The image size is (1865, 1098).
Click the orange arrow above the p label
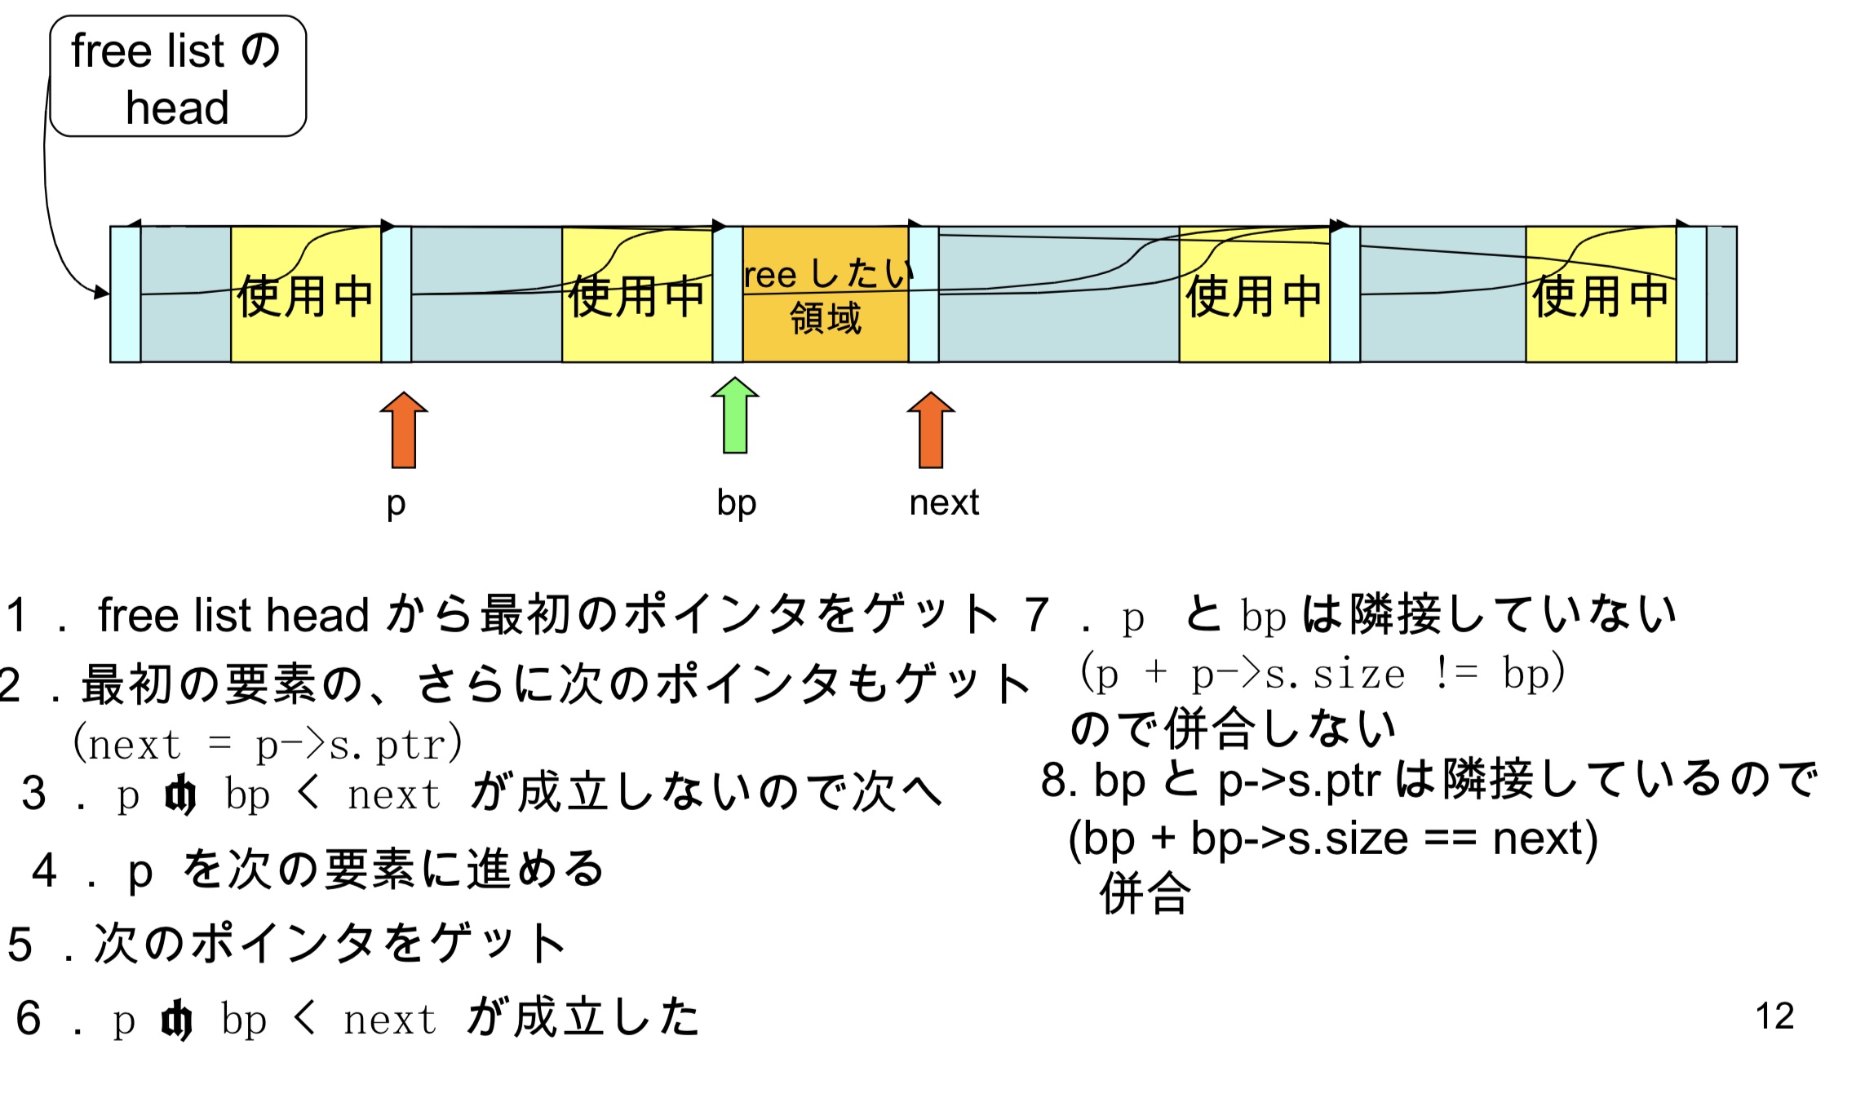pyautogui.click(x=404, y=430)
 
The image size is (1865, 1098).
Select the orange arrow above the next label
pyautogui.click(x=931, y=430)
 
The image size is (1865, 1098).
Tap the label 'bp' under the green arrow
pyautogui.click(x=737, y=503)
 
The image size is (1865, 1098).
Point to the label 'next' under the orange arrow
pyautogui.click(x=944, y=503)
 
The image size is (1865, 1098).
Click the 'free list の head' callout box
pyautogui.click(x=178, y=77)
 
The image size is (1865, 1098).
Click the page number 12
pyautogui.click(x=1774, y=1016)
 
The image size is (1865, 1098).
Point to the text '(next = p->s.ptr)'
pyautogui.click(x=268, y=744)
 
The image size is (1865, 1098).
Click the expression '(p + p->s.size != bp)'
pyautogui.click(x=1322, y=674)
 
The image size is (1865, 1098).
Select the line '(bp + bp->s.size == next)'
pyautogui.click(x=1333, y=839)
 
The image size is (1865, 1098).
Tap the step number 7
pyautogui.click(x=1037, y=614)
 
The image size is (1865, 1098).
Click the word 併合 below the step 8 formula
pyautogui.click(x=1145, y=894)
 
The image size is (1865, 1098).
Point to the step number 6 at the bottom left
pyautogui.click(x=29, y=1018)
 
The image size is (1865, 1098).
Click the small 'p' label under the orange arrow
pyautogui.click(x=396, y=503)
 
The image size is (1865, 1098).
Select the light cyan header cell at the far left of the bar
pyautogui.click(x=126, y=294)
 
